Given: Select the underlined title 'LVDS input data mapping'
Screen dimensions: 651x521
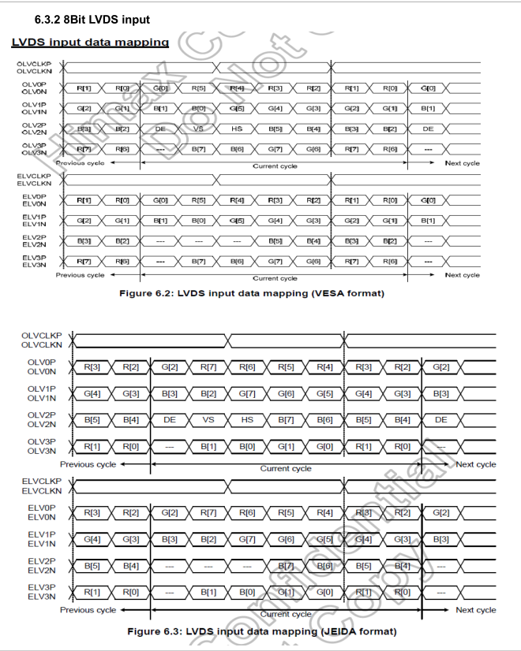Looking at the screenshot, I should point(90,42).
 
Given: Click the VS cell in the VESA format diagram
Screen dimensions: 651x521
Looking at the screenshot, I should point(198,128).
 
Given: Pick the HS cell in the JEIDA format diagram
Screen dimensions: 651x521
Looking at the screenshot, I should point(247,420).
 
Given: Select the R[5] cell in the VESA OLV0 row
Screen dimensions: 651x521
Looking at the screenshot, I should point(198,88).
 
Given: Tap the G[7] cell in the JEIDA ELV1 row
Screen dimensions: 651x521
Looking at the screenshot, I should point(247,539).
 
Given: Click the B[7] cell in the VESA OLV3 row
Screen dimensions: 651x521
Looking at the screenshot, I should point(198,149).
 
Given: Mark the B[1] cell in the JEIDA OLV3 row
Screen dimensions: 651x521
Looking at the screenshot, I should point(208,447).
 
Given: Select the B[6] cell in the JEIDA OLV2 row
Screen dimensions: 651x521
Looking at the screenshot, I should point(324,420).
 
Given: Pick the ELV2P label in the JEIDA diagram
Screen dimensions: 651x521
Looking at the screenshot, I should point(41,560).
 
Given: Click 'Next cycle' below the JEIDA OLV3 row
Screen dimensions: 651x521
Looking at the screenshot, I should point(476,464).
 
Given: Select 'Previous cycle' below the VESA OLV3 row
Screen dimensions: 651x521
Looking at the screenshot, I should point(80,163).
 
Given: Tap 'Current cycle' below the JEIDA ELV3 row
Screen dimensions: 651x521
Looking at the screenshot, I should point(286,614).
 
